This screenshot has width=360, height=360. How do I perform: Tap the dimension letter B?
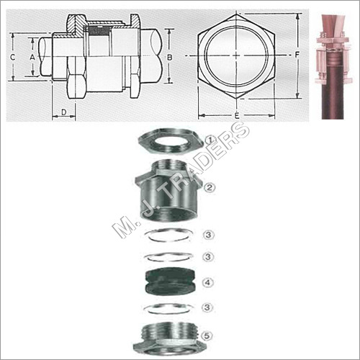click(168, 55)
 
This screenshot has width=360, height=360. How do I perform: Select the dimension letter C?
click(13, 55)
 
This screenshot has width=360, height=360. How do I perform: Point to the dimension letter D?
click(63, 112)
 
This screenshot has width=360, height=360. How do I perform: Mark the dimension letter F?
click(297, 53)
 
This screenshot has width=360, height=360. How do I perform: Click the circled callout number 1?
click(210, 140)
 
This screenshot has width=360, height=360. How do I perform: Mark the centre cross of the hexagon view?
click(235, 56)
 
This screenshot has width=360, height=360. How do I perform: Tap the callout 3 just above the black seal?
click(209, 256)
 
